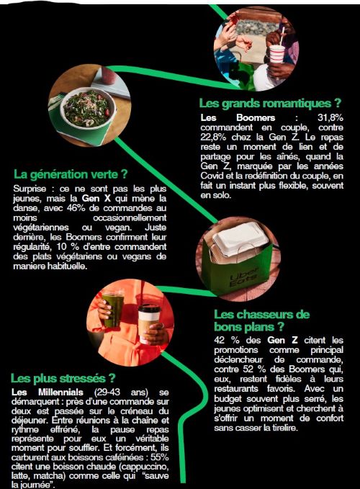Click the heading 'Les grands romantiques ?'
tap(270, 104)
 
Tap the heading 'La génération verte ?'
tap(71, 174)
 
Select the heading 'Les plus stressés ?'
tap(63, 378)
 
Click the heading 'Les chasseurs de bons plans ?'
tap(261, 320)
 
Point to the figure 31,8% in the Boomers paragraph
tap(330, 117)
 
